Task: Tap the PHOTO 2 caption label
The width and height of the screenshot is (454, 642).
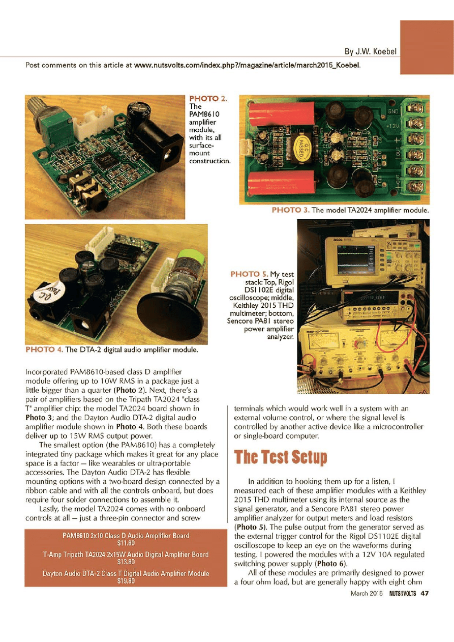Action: coord(208,99)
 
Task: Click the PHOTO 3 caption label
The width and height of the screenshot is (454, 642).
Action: coord(291,210)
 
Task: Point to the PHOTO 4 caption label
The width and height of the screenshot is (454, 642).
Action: coord(44,349)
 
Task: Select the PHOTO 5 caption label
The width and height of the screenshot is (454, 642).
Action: coord(249,274)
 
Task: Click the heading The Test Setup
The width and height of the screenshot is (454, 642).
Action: coord(281,457)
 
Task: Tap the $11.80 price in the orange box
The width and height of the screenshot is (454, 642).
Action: coord(126,543)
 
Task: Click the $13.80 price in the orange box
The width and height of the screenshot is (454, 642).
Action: coord(126,562)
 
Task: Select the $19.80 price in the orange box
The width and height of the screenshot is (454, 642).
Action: coord(126,581)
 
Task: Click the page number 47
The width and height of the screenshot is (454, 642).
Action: coord(425,593)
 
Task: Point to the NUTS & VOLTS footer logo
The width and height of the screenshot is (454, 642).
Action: coord(403,593)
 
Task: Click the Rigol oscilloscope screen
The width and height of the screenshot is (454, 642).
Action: coord(356,259)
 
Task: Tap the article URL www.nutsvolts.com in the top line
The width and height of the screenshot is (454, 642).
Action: coord(247,65)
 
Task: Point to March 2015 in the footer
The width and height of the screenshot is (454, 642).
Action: coord(367,593)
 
